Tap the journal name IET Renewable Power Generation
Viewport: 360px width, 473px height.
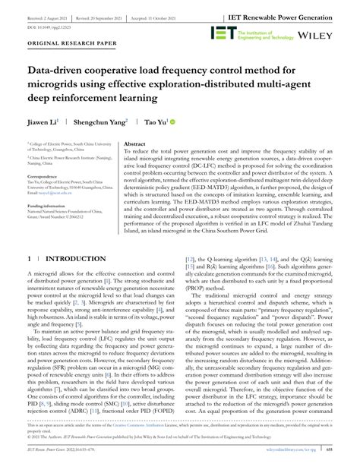295,14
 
